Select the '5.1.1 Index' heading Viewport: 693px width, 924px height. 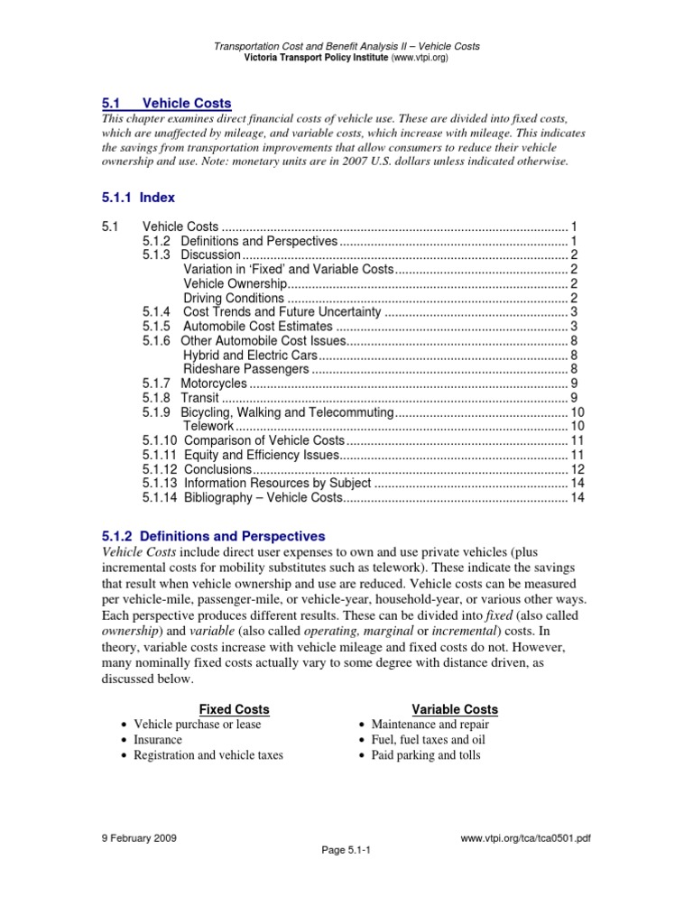[137, 197]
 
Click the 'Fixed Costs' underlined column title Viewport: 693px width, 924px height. [234, 709]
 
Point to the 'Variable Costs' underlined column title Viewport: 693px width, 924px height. [455, 709]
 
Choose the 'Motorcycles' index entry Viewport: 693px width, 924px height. [213, 383]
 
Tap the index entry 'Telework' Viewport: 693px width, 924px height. [208, 425]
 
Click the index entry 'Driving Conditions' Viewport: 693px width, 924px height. [234, 299]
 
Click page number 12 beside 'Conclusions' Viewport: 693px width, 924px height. [578, 469]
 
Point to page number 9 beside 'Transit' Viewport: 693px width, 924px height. [574, 397]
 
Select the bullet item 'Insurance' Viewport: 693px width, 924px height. [158, 740]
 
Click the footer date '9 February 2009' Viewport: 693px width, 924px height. [139, 838]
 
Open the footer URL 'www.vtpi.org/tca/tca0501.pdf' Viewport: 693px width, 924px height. [525, 838]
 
